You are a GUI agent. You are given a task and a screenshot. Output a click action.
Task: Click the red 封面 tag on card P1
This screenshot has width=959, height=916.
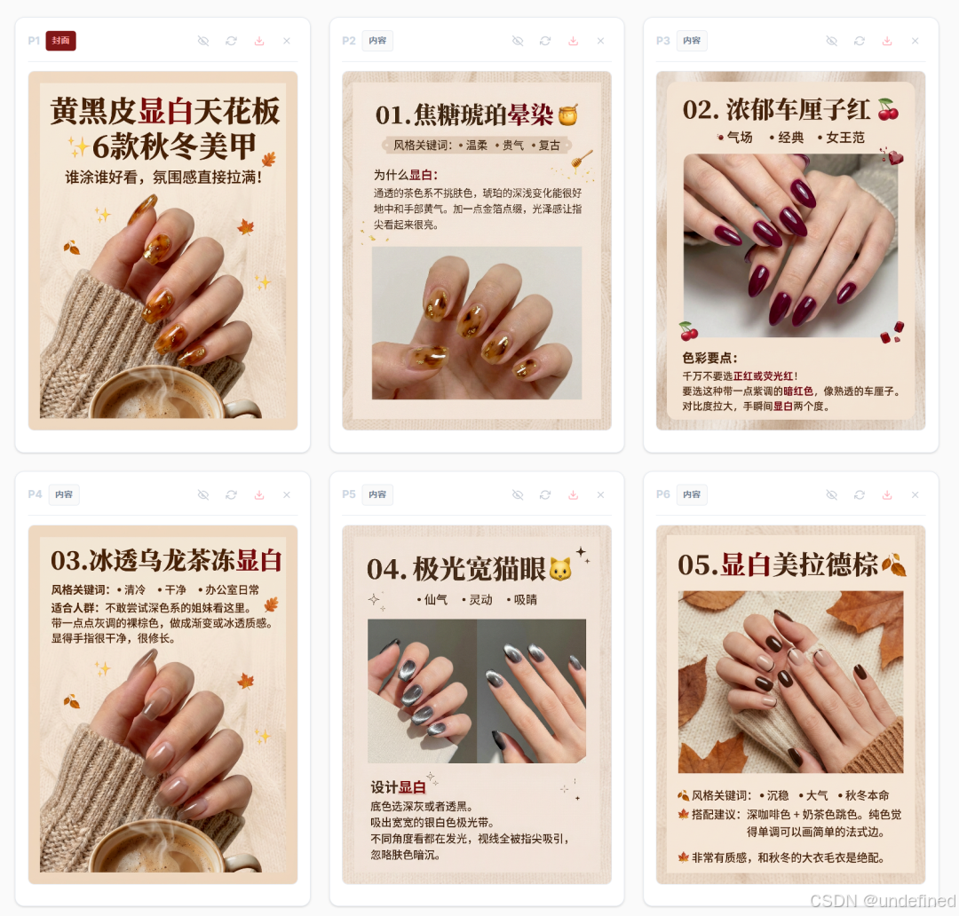61,41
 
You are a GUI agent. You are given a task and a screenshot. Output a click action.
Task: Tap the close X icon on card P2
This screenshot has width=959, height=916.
600,41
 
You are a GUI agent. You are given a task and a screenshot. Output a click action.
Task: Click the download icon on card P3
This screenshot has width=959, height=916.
886,41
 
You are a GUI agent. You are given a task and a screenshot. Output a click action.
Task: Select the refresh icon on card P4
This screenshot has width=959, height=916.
231,494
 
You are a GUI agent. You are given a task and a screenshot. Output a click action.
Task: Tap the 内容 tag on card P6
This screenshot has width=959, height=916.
692,494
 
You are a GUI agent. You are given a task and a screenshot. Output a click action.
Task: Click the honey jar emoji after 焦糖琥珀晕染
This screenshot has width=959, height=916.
568,114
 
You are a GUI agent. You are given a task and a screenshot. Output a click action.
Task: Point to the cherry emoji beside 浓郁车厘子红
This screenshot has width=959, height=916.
887,109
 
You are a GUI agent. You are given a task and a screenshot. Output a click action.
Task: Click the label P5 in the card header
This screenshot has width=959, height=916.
349,494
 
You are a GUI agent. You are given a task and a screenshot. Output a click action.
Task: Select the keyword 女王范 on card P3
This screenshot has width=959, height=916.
845,138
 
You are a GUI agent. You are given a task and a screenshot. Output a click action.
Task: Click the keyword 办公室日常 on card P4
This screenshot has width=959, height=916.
232,590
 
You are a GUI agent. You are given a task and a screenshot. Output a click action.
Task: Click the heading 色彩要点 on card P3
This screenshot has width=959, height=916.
709,358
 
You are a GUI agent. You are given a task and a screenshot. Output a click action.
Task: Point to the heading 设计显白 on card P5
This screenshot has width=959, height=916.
398,787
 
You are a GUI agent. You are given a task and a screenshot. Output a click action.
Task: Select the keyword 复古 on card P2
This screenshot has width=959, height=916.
550,146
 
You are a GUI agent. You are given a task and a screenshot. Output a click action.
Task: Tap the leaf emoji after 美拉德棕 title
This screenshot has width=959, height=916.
894,565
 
